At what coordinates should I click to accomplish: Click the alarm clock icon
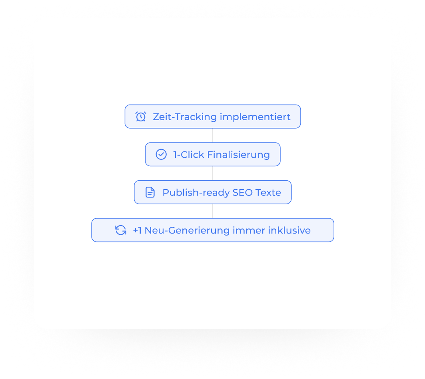tap(141, 117)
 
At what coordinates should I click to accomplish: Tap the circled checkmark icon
tap(161, 154)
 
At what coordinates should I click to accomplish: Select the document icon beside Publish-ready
tap(150, 192)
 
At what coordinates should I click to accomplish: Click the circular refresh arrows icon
tap(121, 230)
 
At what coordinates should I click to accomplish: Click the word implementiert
tap(255, 117)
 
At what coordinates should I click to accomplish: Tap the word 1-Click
tap(188, 154)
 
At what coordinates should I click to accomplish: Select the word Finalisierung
tap(238, 154)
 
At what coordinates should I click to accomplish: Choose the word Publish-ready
tap(197, 192)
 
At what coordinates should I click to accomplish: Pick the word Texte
tap(269, 192)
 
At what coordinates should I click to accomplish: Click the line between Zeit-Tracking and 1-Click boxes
tap(213, 135)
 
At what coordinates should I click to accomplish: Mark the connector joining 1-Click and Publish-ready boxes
tap(213, 173)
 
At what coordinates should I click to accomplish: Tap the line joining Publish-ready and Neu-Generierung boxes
tap(213, 211)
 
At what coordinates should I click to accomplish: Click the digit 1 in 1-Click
tap(175, 154)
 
